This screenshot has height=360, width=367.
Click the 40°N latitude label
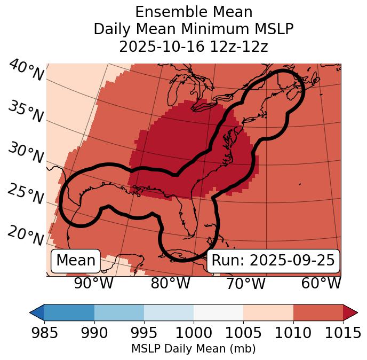click(x=26, y=71)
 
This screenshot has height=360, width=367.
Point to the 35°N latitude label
click(x=26, y=112)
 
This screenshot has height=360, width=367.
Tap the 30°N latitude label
click(x=25, y=153)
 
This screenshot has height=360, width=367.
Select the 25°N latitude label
click(x=25, y=194)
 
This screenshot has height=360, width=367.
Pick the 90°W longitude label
click(x=93, y=283)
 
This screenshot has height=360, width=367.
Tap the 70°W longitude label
click(x=245, y=283)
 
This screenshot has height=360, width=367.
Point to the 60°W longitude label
click(x=321, y=283)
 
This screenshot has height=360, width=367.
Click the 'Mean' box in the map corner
click(x=76, y=261)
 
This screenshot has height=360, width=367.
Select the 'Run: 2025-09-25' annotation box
click(x=273, y=261)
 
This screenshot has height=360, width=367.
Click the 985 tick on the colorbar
click(x=44, y=333)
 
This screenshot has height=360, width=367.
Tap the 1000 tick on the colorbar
click(x=194, y=333)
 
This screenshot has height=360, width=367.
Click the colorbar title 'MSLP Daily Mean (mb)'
click(x=193, y=349)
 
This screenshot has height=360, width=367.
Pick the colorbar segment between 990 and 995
click(x=119, y=312)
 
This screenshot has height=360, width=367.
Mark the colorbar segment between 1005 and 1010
click(x=268, y=312)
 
